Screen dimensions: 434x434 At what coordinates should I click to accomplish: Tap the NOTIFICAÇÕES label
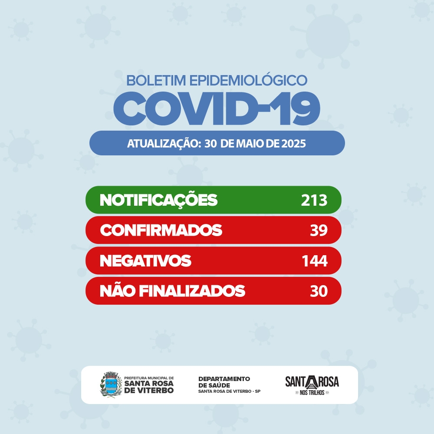point(158,200)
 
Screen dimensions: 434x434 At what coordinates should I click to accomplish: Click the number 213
point(314,200)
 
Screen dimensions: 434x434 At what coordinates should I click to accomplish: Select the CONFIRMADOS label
point(161,230)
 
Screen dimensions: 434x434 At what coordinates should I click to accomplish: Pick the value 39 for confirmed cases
point(319,230)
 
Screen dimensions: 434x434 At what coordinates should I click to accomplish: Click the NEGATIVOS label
point(145,261)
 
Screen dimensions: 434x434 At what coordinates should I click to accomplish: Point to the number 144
point(314,261)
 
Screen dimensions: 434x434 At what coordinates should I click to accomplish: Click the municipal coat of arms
point(110,385)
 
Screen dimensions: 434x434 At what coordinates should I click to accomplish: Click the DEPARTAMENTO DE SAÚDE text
point(224,382)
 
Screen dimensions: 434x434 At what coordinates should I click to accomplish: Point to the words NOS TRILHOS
point(312,393)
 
